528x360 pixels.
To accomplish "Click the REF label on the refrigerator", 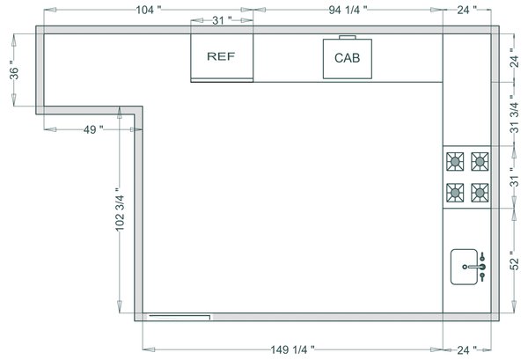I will point(221,56).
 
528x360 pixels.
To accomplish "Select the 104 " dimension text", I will point(148,10).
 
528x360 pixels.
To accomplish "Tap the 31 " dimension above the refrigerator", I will point(223,18).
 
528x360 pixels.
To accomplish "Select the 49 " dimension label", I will point(92,129).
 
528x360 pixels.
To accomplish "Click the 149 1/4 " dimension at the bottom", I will point(293,349).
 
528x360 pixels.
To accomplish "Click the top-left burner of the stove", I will point(456,161).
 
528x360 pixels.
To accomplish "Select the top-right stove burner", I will point(480,161).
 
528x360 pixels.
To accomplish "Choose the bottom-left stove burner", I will point(456,192).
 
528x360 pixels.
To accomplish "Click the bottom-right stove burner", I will point(480,192).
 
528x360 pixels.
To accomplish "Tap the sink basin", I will point(464,267).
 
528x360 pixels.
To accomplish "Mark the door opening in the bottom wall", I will point(180,313).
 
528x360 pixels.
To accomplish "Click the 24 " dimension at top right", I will point(466,10).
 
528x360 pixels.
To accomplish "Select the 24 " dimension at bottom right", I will point(466,349).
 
